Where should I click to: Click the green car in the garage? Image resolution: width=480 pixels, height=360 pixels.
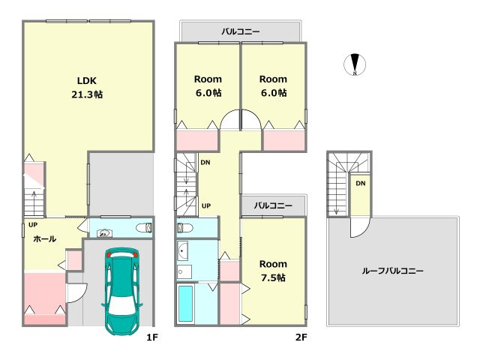tap(122, 291)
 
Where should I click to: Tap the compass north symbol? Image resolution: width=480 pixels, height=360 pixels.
tap(355, 64)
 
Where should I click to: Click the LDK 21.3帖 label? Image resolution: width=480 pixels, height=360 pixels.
tap(87, 88)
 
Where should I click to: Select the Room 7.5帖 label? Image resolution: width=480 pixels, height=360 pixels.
tap(273, 271)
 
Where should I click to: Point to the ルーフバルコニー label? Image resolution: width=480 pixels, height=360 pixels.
tap(392, 271)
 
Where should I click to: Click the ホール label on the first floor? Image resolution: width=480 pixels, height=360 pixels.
tap(45, 238)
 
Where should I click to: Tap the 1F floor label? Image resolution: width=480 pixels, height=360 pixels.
tap(151, 337)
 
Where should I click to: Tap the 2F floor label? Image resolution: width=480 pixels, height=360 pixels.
tap(301, 337)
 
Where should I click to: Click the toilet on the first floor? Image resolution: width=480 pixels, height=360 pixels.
tap(143, 228)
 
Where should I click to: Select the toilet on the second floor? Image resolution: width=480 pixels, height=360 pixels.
tap(185, 228)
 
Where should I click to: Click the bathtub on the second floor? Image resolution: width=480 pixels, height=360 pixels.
tap(185, 304)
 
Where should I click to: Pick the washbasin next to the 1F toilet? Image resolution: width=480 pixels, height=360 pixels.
tap(104, 233)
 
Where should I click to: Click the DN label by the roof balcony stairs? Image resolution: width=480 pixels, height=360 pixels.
tap(360, 183)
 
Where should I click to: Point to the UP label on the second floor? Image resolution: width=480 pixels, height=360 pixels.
tap(206, 206)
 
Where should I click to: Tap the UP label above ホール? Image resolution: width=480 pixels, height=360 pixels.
tap(33, 225)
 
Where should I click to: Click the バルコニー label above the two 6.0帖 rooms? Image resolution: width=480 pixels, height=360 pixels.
tap(241, 31)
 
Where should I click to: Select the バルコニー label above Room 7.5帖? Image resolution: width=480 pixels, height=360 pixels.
tap(273, 205)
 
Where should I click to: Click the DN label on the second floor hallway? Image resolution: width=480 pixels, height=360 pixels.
tap(205, 163)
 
